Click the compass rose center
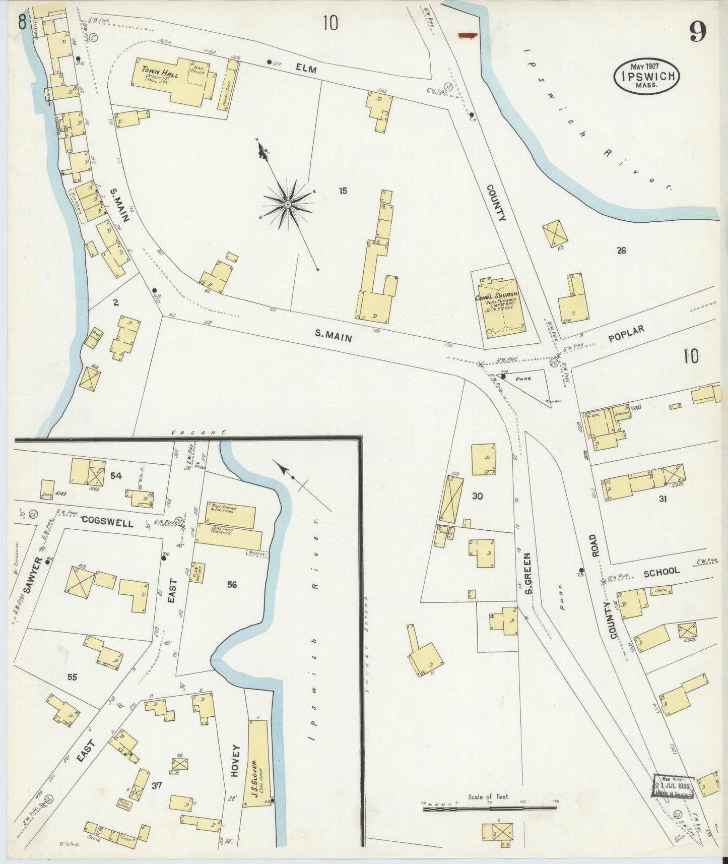[287, 204]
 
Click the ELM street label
[306, 70]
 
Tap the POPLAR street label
[626, 333]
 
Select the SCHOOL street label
[661, 572]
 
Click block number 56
[232, 585]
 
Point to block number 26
[621, 250]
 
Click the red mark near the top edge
[468, 35]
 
